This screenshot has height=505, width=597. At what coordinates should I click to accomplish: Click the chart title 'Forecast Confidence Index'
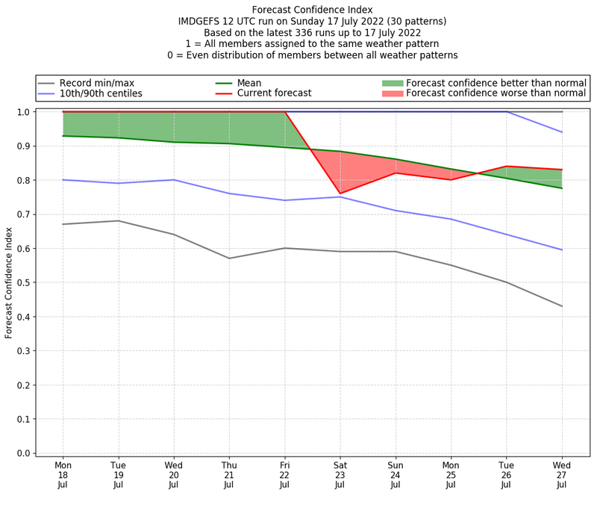coord(312,10)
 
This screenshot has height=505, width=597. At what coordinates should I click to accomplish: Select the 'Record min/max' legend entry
coord(96,82)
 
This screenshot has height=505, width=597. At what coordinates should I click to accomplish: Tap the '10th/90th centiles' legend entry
coord(101,93)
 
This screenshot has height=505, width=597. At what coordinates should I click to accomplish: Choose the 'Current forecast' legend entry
coord(274,93)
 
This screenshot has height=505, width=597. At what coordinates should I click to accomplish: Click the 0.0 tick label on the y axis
coord(23,453)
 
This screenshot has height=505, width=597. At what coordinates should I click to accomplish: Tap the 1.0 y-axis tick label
coord(23,112)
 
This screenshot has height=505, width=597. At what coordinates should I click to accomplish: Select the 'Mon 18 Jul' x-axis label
coord(63,474)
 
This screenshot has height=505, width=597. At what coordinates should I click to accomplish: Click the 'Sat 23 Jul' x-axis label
coord(340,474)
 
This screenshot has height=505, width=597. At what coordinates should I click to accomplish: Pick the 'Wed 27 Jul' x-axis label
coord(562,474)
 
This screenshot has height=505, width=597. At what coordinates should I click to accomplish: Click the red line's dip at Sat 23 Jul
coord(340,193)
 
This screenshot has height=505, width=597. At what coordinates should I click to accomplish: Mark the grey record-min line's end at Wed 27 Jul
coord(562,306)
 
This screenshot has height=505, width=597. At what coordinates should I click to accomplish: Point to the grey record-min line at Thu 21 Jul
coord(229,258)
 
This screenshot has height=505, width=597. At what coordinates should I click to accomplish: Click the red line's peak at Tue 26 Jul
coord(507,167)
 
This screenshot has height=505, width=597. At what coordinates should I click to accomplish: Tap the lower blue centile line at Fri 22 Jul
coord(284,200)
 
